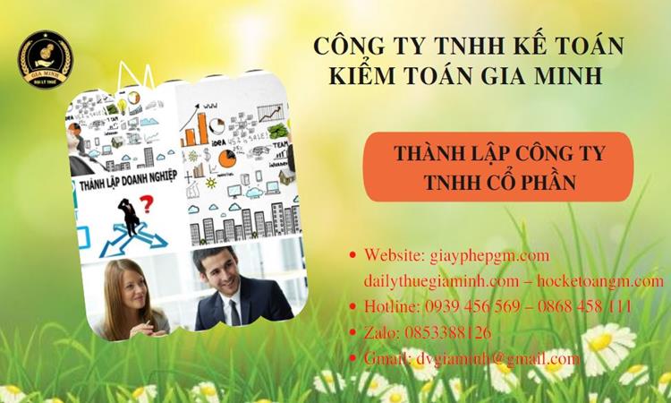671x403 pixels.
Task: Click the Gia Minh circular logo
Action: tap(47, 59)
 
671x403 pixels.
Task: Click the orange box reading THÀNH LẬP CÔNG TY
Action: tap(498, 166)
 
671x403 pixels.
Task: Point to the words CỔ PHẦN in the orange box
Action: tap(534, 182)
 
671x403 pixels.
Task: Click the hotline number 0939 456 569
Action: tap(475, 306)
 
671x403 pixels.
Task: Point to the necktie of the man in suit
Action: tap(234, 311)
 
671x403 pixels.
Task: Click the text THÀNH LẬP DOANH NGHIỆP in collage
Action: tap(127, 184)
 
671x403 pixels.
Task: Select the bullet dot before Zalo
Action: tap(352, 332)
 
